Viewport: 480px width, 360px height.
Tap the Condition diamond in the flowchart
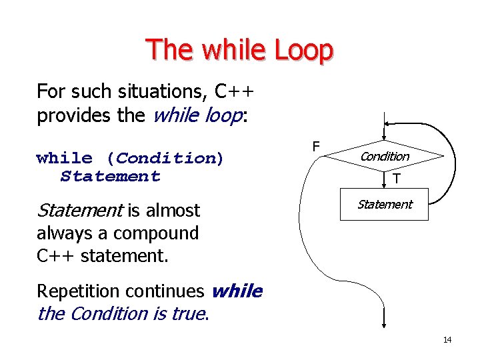(385, 157)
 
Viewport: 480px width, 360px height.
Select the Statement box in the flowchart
(385, 205)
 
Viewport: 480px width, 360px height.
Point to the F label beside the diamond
(316, 146)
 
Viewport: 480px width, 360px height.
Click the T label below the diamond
(396, 179)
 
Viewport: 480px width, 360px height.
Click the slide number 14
(447, 340)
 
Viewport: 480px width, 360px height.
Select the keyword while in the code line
(65, 158)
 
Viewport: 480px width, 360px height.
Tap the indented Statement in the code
(110, 177)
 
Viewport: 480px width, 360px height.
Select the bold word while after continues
(237, 291)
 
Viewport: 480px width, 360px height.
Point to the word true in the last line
(187, 313)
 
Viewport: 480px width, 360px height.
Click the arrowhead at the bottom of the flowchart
(385, 324)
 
